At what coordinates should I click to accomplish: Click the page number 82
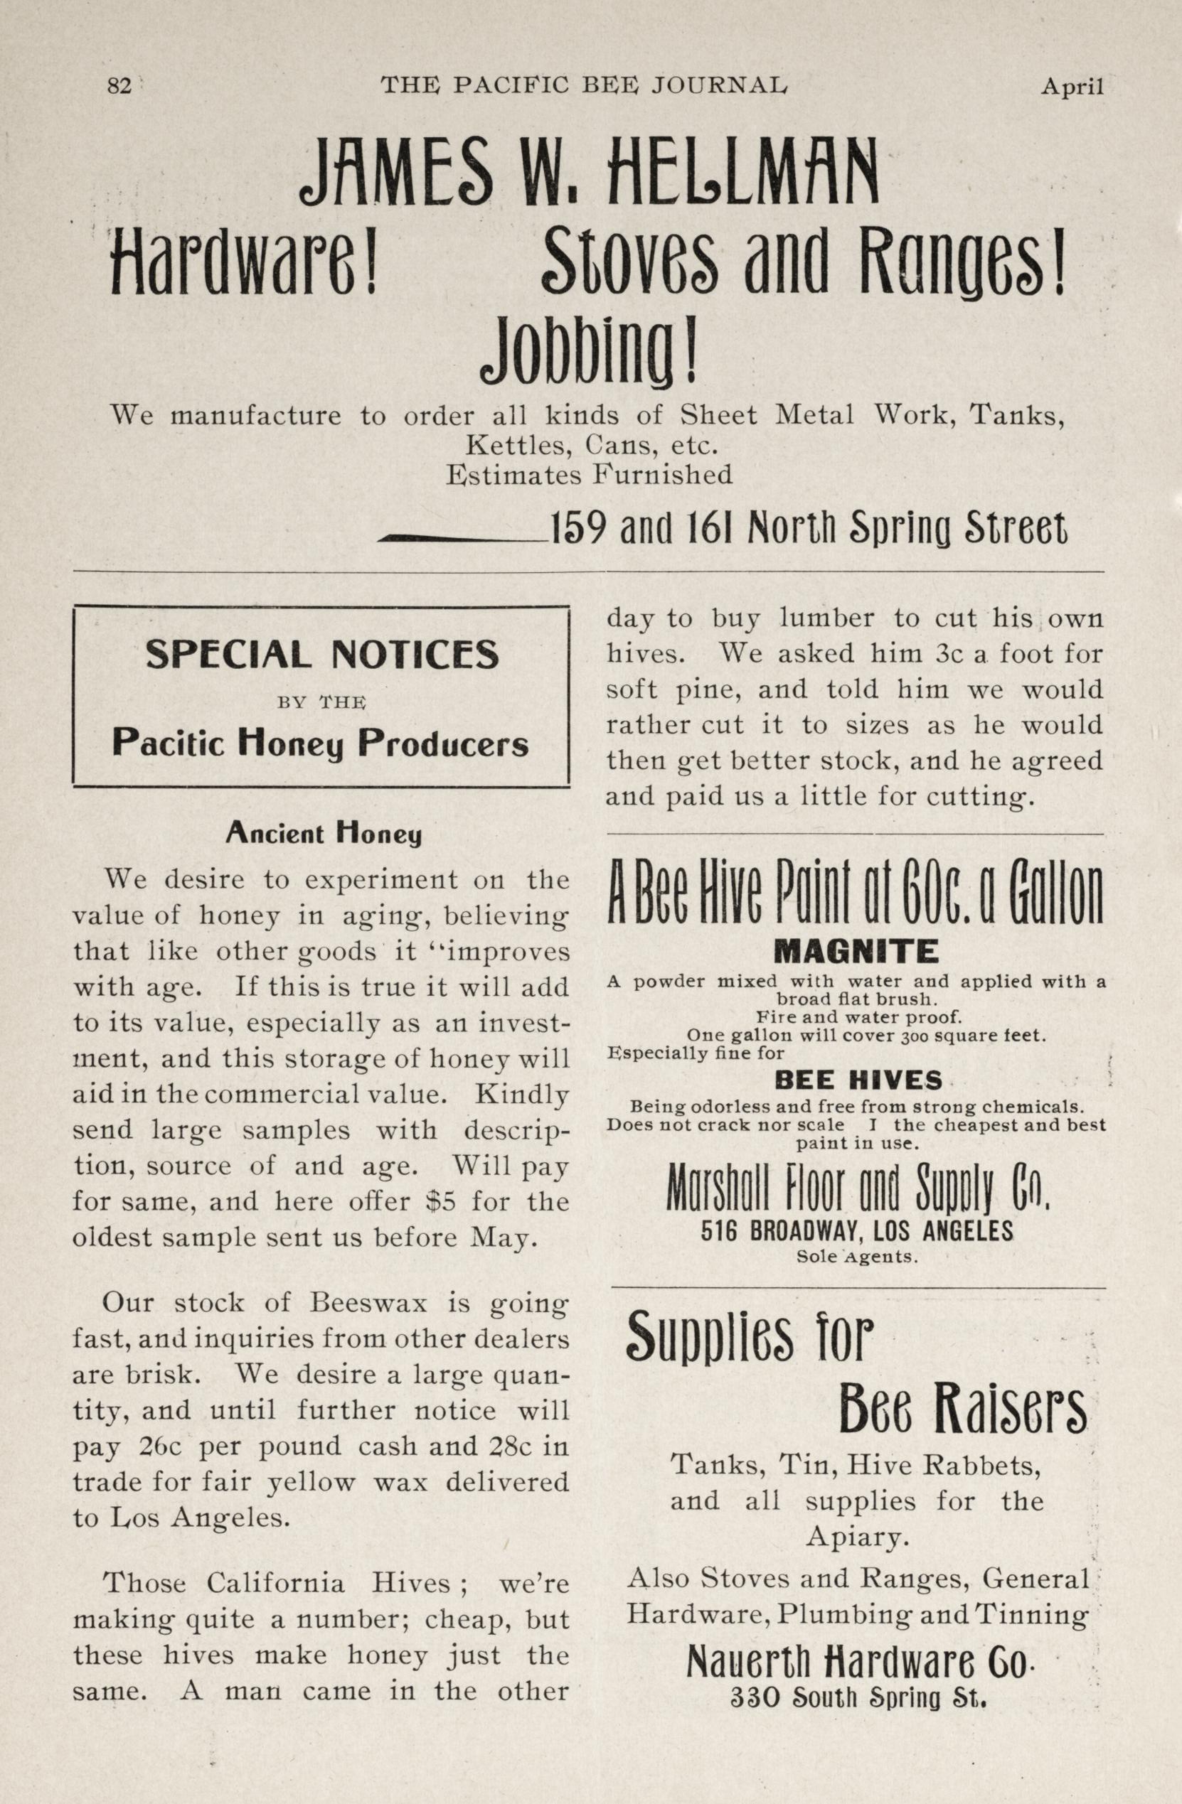click(x=119, y=87)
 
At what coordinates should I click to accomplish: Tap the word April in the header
click(x=1071, y=87)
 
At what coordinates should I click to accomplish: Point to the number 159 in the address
click(x=577, y=527)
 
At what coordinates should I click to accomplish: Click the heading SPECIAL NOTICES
click(x=321, y=654)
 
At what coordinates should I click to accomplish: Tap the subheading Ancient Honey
click(x=323, y=834)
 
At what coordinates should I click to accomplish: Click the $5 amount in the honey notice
click(x=440, y=1201)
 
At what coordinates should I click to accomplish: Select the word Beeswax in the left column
click(x=368, y=1303)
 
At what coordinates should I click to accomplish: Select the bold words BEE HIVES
click(x=858, y=1080)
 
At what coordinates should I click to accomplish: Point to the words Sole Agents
click(x=857, y=1257)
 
